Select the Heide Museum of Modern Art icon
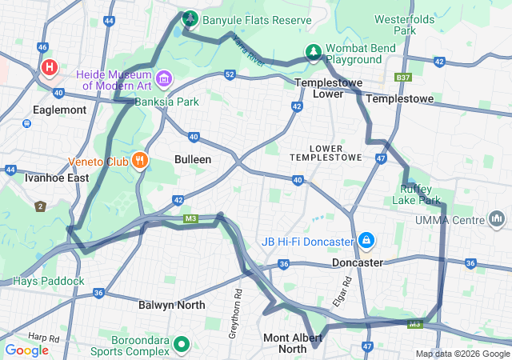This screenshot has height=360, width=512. pyautogui.click(x=164, y=78)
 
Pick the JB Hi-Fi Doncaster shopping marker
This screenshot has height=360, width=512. pyautogui.click(x=366, y=240)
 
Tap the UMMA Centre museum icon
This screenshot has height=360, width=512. pyautogui.click(x=497, y=218)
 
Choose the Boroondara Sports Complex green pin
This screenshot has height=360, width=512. pyautogui.click(x=182, y=345)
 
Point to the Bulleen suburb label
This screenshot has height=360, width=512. pyautogui.click(x=193, y=159)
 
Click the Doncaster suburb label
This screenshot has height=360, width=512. pyautogui.click(x=358, y=262)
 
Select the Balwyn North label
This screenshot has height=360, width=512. pyautogui.click(x=171, y=305)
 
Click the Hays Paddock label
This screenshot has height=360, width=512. pyautogui.click(x=48, y=281)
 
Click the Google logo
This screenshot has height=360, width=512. pyautogui.click(x=27, y=350)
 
